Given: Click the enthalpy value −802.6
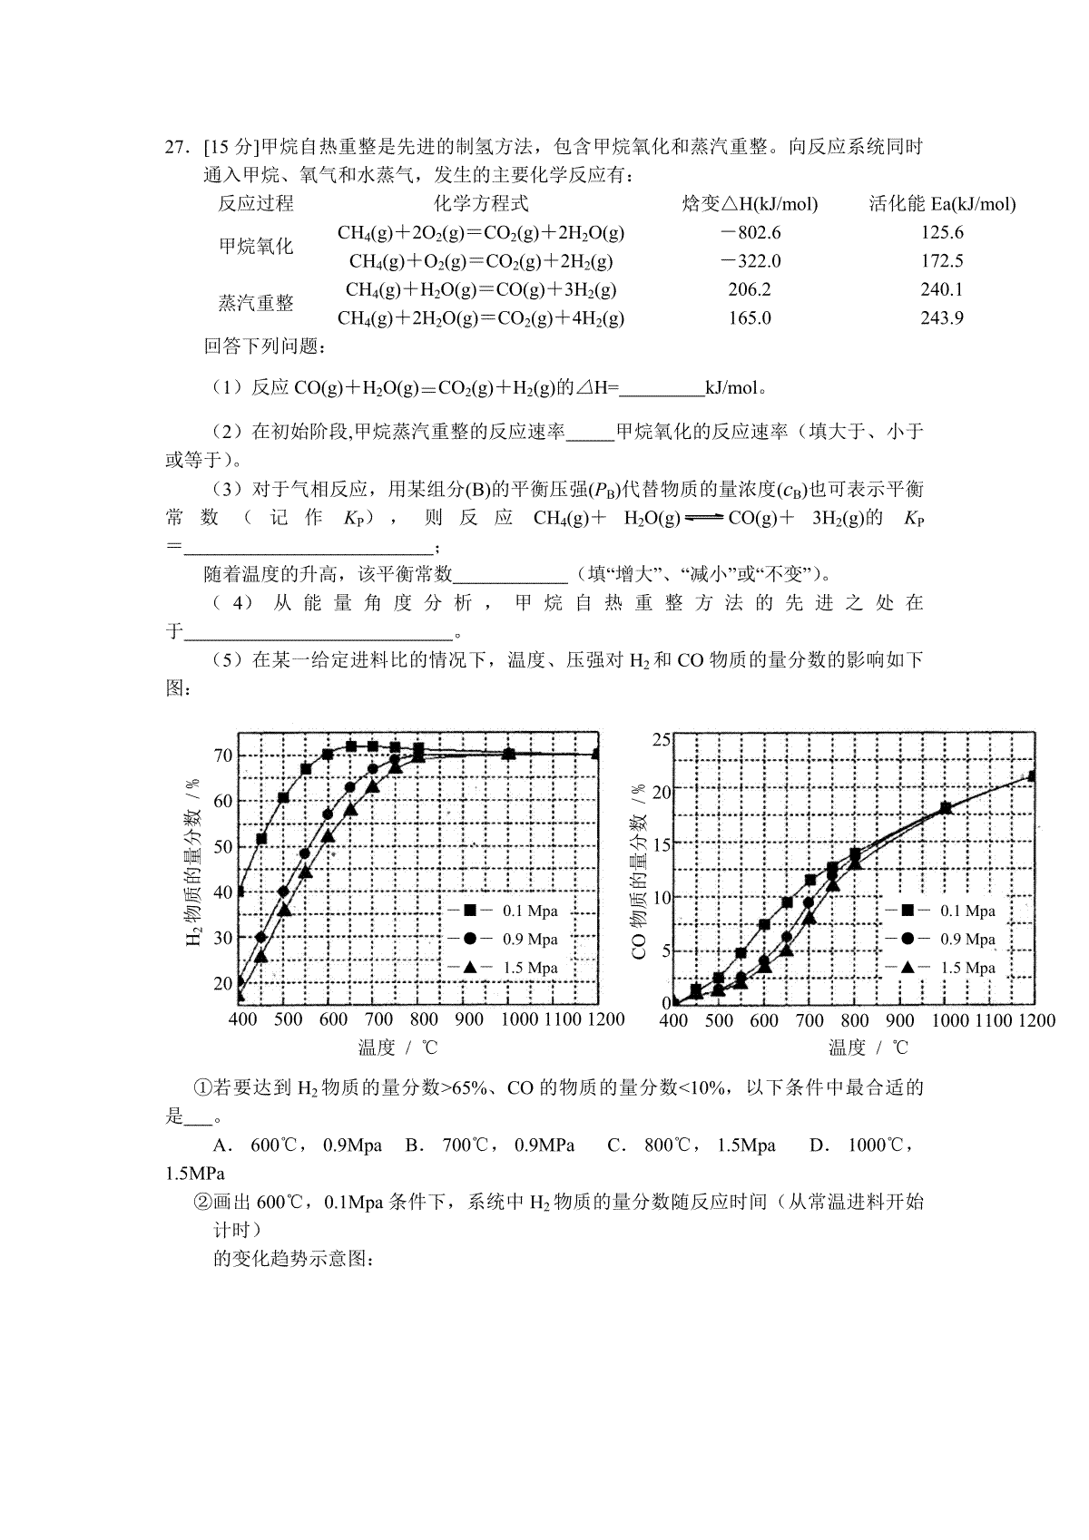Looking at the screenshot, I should (x=750, y=233).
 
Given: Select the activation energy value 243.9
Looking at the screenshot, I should (x=941, y=318).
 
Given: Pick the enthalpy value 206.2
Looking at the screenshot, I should (x=750, y=290).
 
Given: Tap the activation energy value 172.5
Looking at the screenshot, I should (x=941, y=261).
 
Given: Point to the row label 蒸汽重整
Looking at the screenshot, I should (x=256, y=304).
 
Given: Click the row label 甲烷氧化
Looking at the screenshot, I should (x=256, y=247).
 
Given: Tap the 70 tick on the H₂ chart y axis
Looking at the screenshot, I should (x=222, y=755).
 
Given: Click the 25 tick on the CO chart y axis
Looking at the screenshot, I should (x=661, y=740).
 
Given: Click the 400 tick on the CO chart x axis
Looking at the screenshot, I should (x=673, y=1020).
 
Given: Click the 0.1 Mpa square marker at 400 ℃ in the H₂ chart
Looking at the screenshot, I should (x=240, y=892).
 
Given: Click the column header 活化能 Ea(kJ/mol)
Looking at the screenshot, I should (x=941, y=204).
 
